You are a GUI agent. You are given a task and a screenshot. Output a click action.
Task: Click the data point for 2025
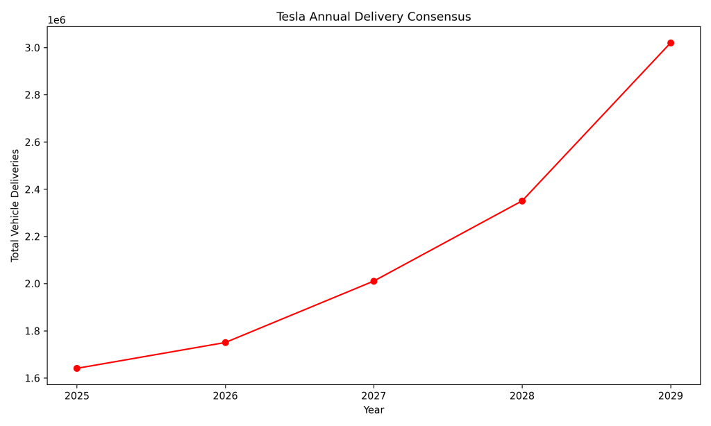pos(76,368)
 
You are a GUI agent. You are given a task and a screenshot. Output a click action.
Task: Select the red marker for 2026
pos(225,343)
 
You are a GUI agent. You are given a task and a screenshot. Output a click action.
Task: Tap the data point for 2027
pos(374,281)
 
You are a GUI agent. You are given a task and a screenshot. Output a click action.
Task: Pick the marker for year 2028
pos(522,201)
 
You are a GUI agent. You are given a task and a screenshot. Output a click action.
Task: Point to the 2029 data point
pos(671,43)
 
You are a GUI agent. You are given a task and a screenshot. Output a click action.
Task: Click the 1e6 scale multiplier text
pos(56,20)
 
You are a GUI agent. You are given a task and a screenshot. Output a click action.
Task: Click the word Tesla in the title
pos(291,17)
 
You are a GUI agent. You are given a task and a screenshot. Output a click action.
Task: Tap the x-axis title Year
pos(374,410)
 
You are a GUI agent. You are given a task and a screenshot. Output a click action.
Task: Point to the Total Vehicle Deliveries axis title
pos(15,205)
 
